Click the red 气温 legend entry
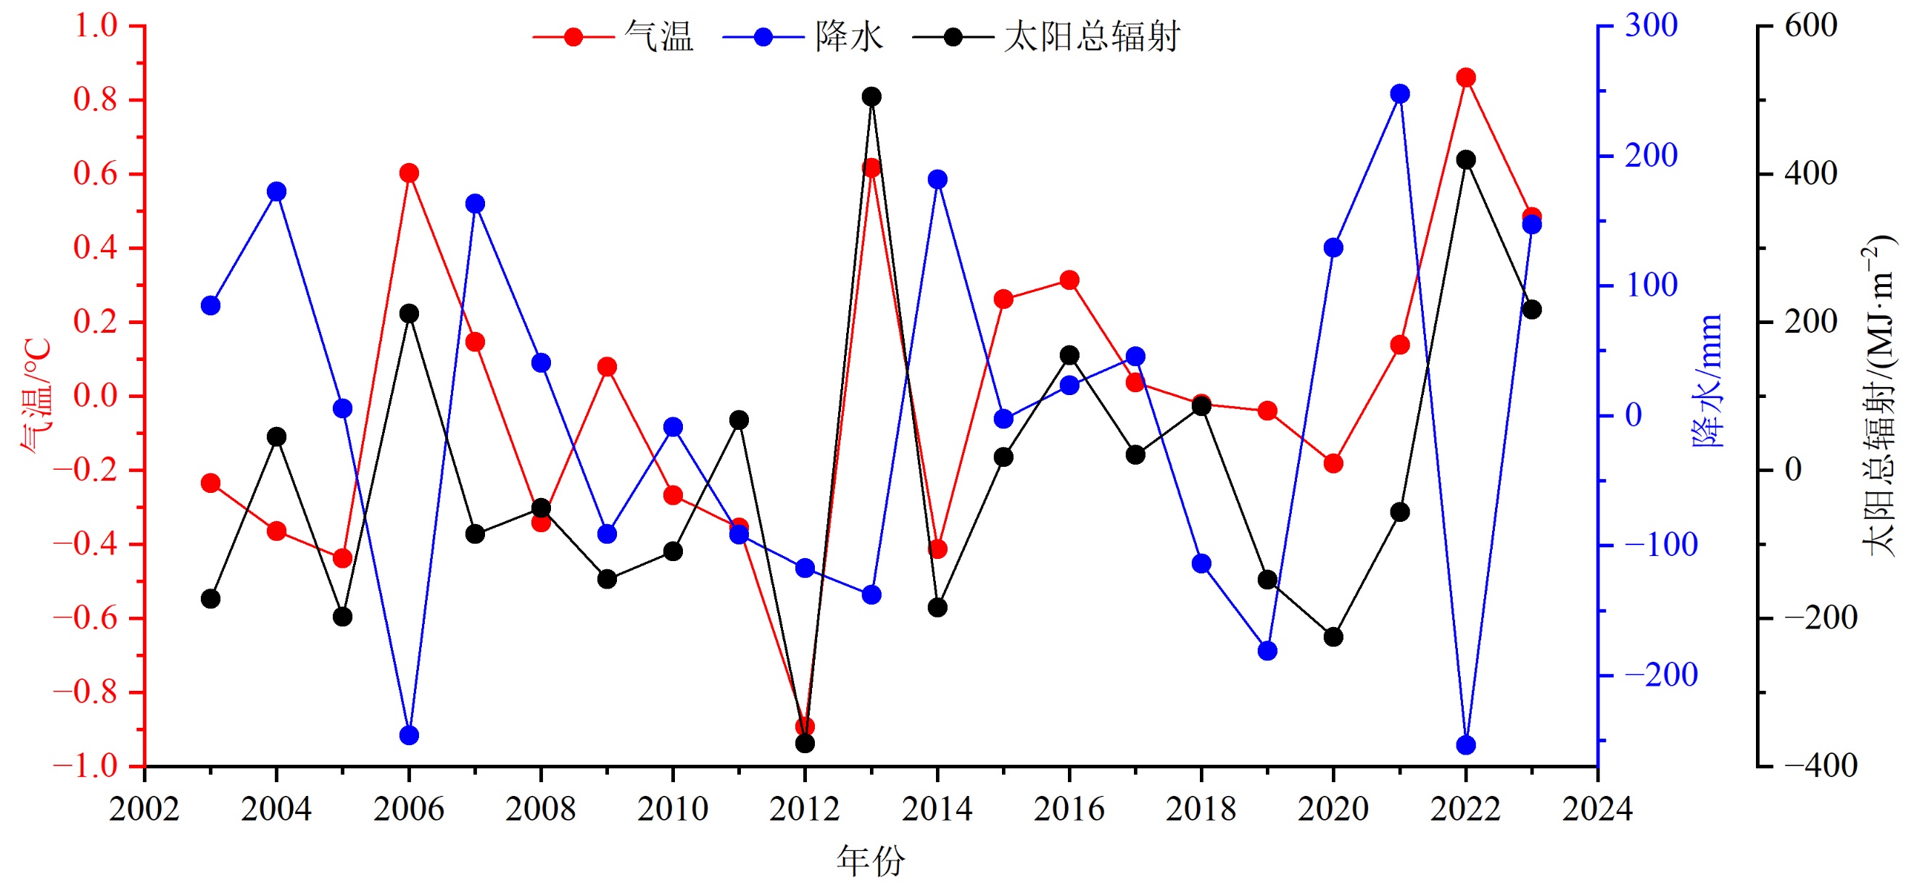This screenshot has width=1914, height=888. point(613,36)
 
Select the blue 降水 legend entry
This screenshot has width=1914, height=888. point(803,36)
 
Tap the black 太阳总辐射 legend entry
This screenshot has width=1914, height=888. point(1046,36)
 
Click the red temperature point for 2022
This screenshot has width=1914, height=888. point(1465,78)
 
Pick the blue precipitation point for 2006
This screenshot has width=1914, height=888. point(409,736)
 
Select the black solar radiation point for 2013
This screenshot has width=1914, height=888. point(871,96)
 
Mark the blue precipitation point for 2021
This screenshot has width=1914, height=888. point(1400,94)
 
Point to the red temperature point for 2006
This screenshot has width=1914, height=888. point(409,173)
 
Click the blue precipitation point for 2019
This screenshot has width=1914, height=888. point(1267,651)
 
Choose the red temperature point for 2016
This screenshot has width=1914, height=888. point(1069,280)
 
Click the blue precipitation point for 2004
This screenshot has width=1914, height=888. point(276,191)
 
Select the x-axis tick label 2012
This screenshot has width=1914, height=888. point(805,809)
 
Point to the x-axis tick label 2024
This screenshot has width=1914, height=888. point(1597,809)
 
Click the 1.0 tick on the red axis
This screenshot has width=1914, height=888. point(96,26)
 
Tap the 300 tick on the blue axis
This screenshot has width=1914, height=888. point(1651,26)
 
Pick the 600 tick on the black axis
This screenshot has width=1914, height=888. point(1811,26)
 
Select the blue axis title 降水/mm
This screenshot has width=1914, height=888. point(1707,381)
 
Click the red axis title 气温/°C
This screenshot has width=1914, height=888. point(36,395)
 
